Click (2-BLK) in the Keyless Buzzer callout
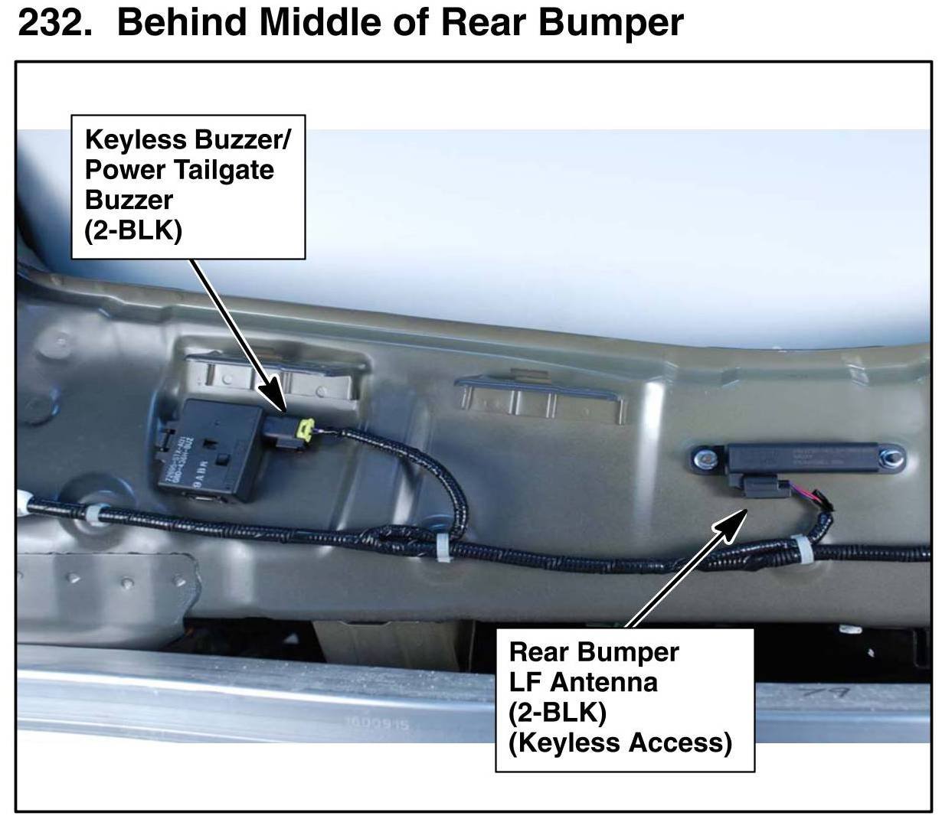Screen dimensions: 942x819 [x=133, y=230]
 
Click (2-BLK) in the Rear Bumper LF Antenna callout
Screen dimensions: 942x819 [x=557, y=712]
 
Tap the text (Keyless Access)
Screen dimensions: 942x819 [x=620, y=742]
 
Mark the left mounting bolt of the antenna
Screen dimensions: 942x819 [x=702, y=459]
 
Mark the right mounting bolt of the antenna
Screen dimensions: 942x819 [x=891, y=461]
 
